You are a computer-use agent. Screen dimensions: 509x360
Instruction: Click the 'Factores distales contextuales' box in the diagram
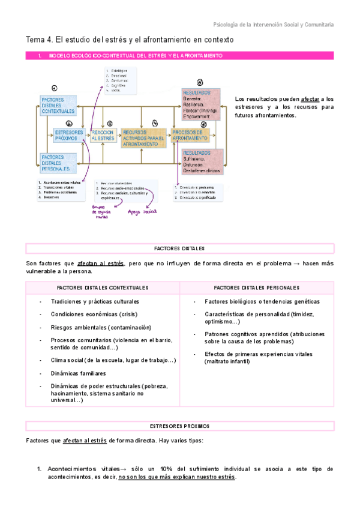point(58,105)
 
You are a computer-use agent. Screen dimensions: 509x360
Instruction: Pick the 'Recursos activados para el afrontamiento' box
point(142,138)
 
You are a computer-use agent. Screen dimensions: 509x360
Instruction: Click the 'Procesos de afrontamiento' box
point(190,135)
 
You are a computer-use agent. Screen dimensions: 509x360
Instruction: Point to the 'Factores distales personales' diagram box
point(58,163)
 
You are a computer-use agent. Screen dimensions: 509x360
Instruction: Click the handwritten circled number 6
point(199,82)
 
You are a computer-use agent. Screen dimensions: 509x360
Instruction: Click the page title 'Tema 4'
point(39,40)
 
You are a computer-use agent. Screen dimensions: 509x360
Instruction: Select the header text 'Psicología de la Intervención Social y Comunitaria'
point(274,25)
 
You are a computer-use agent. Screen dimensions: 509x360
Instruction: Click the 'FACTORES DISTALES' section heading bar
point(179,248)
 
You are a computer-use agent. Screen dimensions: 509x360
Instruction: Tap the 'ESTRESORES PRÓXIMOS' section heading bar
point(179,426)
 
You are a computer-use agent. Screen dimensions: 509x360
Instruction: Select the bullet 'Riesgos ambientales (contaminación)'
point(101,327)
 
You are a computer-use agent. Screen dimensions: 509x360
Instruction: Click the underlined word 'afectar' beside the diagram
point(310,98)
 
